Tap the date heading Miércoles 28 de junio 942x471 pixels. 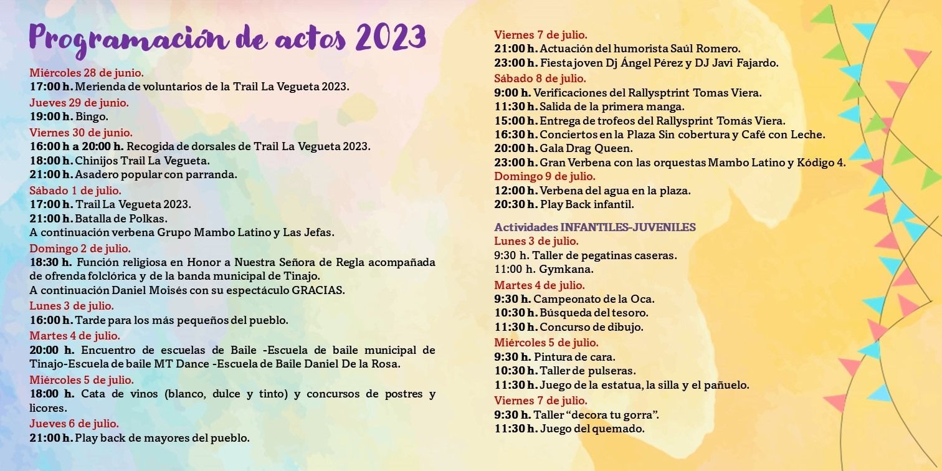pos(87,72)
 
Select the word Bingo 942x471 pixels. pos(92,117)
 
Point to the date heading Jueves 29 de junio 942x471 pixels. pos(79,102)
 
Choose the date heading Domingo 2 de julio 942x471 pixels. pos(80,248)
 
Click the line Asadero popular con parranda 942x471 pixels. pos(156,175)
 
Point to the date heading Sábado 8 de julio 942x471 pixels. pos(540,78)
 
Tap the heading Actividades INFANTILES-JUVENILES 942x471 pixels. pos(595,227)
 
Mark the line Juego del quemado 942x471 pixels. pos(592,429)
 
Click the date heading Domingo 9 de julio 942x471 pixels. pos(545,176)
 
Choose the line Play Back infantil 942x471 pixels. pos(587,204)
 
